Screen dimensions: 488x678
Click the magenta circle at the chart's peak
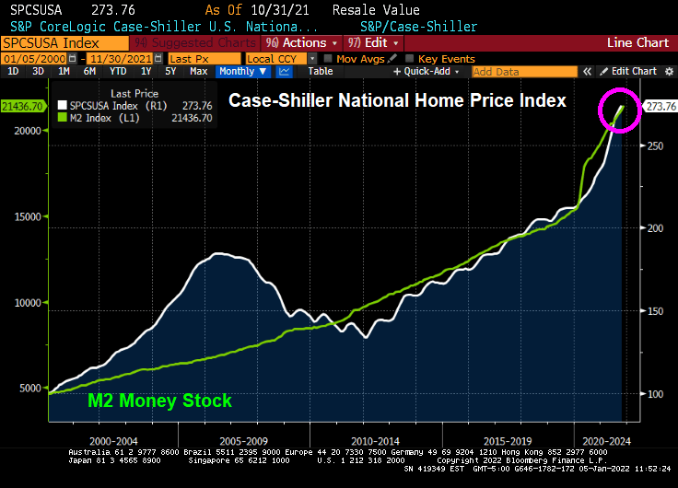(618, 111)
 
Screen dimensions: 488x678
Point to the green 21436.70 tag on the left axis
(22, 107)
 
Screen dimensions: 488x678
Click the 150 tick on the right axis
(653, 312)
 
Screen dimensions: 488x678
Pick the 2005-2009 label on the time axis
(218, 440)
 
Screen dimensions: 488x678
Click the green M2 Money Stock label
(159, 401)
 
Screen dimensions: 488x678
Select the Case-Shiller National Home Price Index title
(397, 100)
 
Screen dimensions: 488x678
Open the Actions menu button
(298, 42)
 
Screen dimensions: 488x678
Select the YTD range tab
(118, 71)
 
